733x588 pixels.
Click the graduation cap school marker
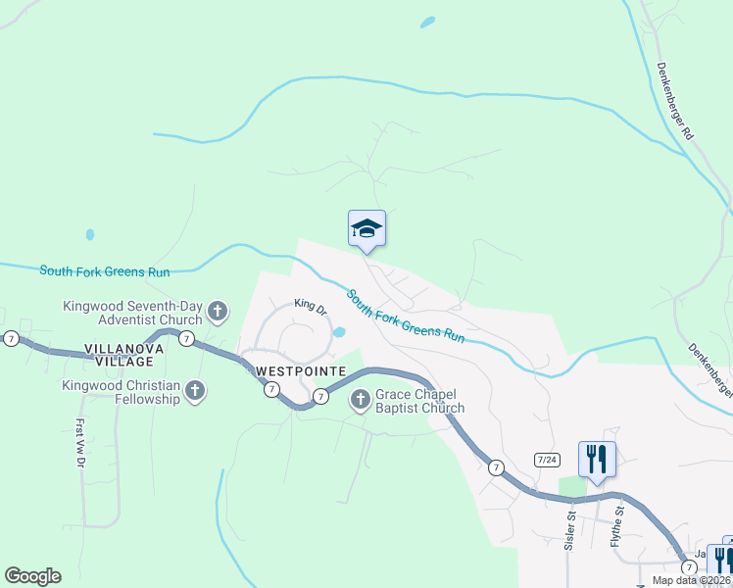366,229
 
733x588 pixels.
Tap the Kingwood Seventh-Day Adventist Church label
132,313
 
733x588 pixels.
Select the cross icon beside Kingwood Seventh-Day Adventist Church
218,313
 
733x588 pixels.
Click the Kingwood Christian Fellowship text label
121,392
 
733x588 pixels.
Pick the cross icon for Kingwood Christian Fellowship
195,392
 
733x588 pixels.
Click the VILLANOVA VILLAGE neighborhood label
121,355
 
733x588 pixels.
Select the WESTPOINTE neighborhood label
301,371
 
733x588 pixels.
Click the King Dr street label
311,306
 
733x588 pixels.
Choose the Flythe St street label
618,527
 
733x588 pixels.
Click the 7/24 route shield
547,460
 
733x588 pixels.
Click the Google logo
32,576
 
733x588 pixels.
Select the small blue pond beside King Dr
338,332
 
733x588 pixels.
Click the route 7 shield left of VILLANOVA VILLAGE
11,338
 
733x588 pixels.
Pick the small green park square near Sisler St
571,487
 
